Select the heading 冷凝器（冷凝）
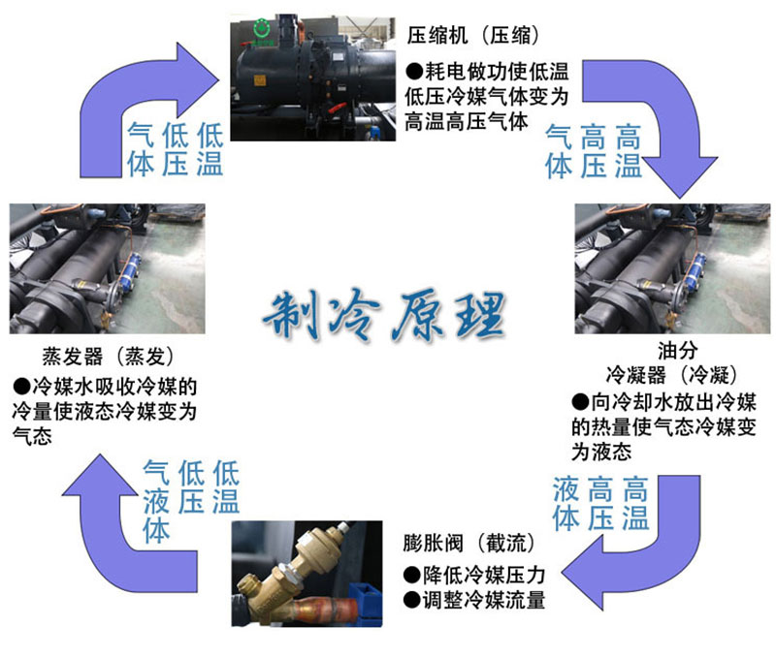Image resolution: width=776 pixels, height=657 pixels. pyautogui.click(x=671, y=373)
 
